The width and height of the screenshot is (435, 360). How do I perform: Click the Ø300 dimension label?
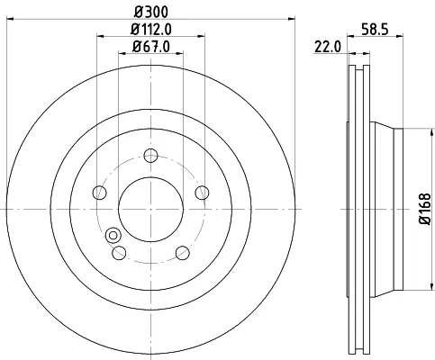click(x=151, y=12)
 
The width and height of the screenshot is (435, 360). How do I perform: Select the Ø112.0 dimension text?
click(x=151, y=29)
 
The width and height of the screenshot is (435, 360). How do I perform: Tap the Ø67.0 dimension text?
click(x=151, y=47)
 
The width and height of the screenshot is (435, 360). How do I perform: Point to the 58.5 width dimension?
click(x=375, y=30)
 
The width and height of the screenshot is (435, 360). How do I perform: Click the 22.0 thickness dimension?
click(x=328, y=47)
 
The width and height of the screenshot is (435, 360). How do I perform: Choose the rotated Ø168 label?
click(x=425, y=209)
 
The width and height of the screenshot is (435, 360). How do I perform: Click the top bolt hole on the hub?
click(x=150, y=156)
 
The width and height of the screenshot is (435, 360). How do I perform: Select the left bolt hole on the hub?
click(x=100, y=193)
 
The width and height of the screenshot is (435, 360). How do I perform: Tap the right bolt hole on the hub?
click(x=202, y=193)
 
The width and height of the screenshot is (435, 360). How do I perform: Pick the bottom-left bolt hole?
click(x=119, y=253)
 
